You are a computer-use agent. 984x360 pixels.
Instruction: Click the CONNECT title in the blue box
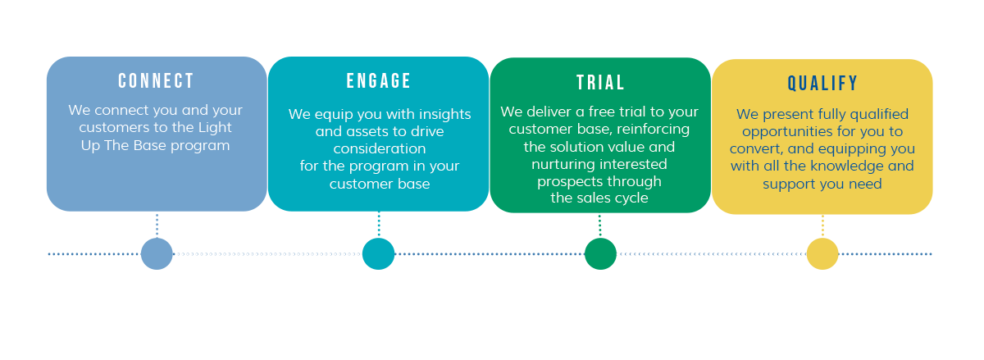(x=156, y=81)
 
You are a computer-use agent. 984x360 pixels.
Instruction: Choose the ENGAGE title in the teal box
(x=378, y=81)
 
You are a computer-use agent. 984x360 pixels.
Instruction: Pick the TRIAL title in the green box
(x=600, y=83)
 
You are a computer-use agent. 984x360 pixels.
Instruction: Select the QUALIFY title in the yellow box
(x=822, y=84)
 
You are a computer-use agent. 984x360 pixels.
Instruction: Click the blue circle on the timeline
(x=157, y=253)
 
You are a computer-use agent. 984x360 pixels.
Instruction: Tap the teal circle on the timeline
(x=378, y=253)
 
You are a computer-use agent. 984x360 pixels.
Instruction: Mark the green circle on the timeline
(x=600, y=253)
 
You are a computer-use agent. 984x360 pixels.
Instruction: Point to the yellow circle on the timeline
(x=822, y=253)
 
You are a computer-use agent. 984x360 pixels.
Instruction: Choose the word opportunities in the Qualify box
(x=781, y=132)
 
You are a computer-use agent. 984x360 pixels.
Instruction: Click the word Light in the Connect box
(x=213, y=128)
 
